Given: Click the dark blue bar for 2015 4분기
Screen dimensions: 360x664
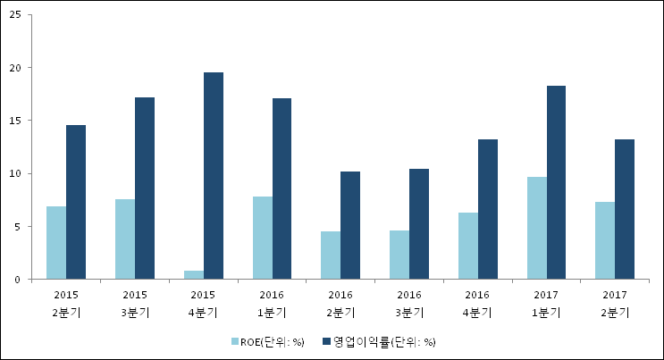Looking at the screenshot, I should point(214,176).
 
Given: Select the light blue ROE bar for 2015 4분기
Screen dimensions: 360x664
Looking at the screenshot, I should point(193,275).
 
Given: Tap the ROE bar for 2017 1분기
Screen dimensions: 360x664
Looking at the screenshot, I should point(536,228).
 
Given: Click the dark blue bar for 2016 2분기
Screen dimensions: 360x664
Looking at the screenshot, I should point(350,225).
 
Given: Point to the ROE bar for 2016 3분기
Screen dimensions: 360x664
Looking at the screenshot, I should point(399,255).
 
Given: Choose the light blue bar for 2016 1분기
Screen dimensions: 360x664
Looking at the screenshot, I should point(262,238).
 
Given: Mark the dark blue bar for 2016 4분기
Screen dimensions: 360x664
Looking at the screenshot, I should point(488,209).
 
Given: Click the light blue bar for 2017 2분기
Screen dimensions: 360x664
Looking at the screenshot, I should point(605,240).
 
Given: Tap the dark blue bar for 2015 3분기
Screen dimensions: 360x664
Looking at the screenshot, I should point(145,188).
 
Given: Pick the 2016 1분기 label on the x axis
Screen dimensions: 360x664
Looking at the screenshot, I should point(272,304).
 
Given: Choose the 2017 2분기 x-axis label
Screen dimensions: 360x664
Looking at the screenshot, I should point(614,304).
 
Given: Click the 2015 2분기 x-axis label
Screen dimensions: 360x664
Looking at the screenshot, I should point(66,304).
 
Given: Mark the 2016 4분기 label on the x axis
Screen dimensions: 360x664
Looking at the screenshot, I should point(477,304).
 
